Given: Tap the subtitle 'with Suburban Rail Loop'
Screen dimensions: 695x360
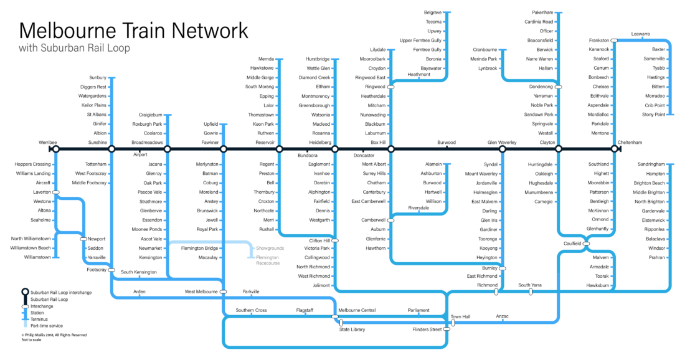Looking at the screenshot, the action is [75, 48].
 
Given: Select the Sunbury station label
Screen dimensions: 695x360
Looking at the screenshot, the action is [98, 78].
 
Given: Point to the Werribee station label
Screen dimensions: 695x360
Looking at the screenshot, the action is [47, 142].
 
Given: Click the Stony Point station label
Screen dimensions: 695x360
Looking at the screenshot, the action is [654, 115].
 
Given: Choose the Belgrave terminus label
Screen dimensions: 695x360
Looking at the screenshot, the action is [433, 12].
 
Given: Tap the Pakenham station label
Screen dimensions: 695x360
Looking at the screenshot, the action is [542, 12].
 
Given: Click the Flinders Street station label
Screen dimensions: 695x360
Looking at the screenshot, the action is [427, 329].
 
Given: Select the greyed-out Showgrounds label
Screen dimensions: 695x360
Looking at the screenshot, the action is [270, 249].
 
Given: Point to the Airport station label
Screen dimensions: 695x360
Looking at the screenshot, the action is [141, 154].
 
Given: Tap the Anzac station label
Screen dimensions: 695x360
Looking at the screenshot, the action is [502, 316].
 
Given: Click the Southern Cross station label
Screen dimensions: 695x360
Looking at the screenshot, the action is [252, 310].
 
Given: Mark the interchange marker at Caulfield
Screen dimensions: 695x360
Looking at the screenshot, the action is [586, 244].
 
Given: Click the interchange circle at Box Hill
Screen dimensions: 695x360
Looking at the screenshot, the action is [390, 149].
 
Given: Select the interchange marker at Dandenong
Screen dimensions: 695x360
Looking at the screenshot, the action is [558, 87].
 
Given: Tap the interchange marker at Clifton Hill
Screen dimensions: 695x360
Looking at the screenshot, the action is [334, 240].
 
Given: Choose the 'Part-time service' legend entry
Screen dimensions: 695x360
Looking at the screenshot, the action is [47, 326].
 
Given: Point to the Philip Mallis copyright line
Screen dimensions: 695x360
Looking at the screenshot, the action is [54, 335].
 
